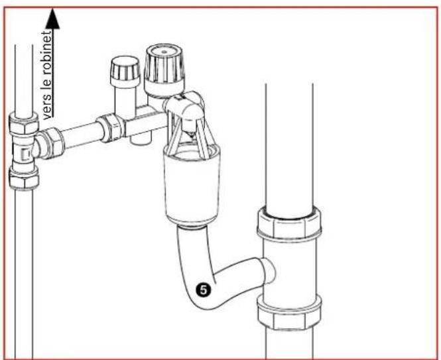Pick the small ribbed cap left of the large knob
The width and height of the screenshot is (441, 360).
click(123, 70)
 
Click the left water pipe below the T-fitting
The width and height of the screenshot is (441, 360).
click(24, 265)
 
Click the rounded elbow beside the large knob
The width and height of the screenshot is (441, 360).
click(188, 107)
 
